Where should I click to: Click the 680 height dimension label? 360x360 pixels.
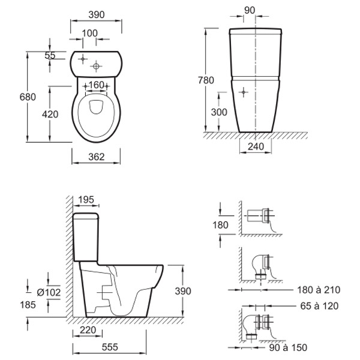click(x=28, y=97)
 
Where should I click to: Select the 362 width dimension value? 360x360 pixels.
click(x=97, y=157)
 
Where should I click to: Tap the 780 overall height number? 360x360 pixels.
click(x=206, y=80)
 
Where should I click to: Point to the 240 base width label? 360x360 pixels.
click(x=256, y=146)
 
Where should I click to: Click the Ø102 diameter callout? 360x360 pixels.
click(x=49, y=292)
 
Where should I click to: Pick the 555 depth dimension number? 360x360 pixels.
click(x=110, y=347)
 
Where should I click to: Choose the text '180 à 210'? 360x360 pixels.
click(x=319, y=290)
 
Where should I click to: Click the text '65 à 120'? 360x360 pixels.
click(x=319, y=306)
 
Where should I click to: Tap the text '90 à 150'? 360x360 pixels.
click(x=288, y=347)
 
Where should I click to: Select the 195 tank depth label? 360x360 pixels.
click(x=86, y=200)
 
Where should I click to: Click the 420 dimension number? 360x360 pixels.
click(x=50, y=114)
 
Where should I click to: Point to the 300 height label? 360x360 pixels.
click(x=219, y=112)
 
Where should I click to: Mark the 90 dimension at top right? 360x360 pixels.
click(x=250, y=10)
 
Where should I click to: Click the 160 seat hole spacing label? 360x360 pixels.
click(x=96, y=85)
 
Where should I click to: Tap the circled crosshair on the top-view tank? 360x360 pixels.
click(x=96, y=67)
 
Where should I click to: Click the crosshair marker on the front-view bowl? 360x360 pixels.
click(x=244, y=92)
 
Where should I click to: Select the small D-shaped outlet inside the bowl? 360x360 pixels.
click(x=96, y=107)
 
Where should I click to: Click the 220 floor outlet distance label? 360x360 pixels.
click(x=88, y=330)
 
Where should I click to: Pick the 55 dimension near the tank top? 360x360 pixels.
click(x=50, y=55)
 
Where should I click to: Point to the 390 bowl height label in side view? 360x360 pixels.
click(x=183, y=291)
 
